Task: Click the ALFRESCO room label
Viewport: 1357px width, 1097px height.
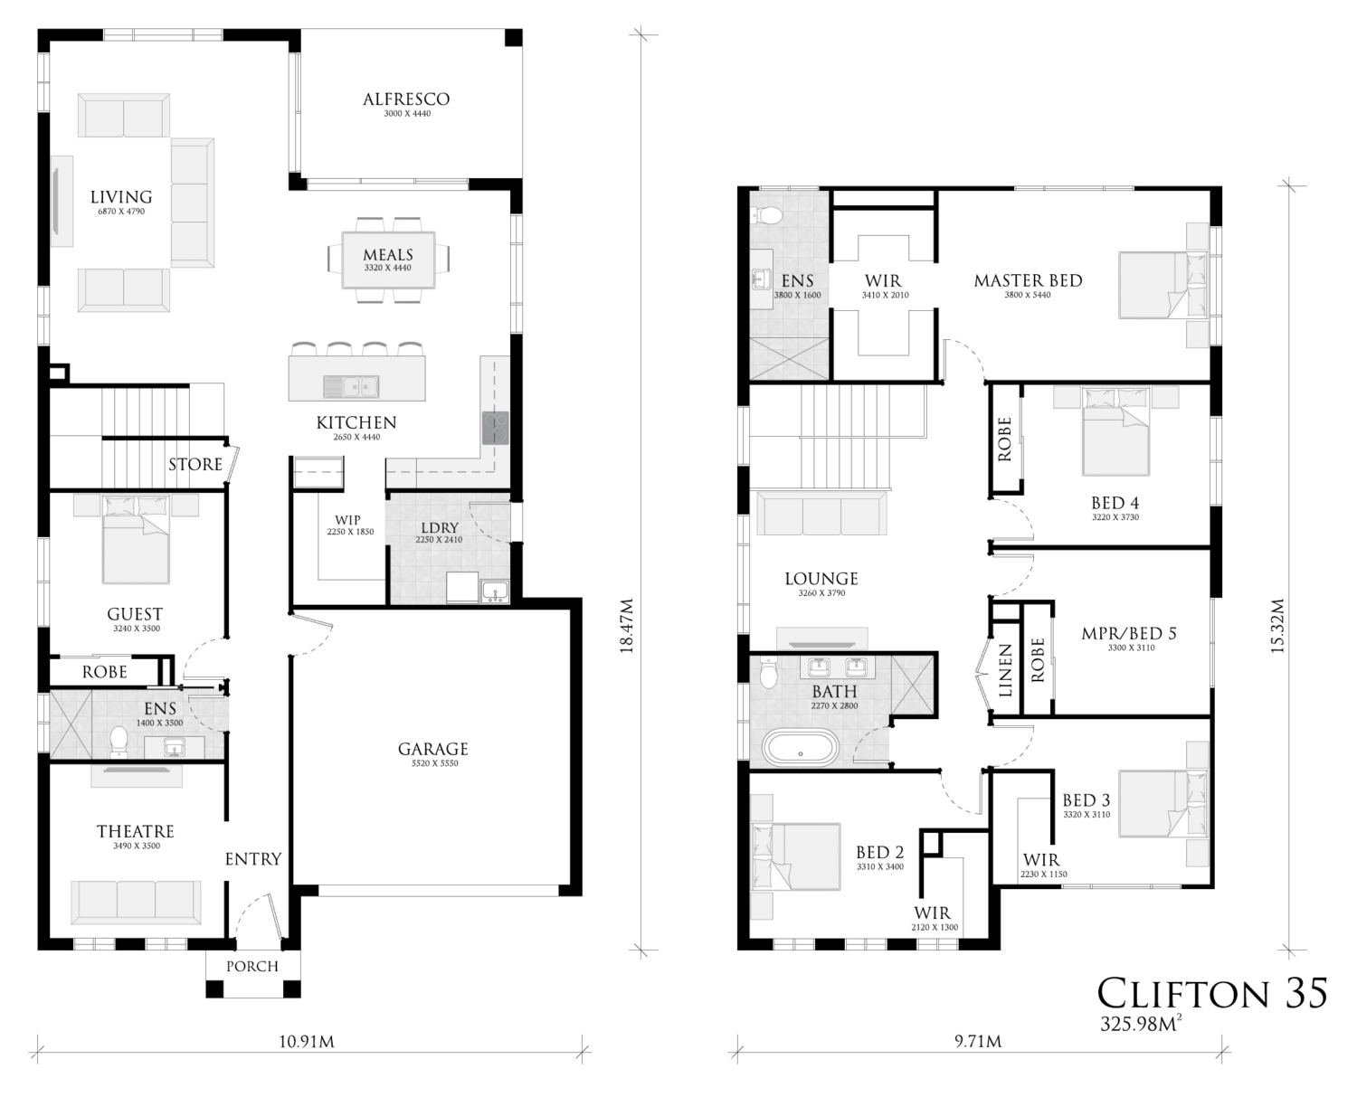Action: point(406,99)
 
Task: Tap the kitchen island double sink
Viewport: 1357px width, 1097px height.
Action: point(350,386)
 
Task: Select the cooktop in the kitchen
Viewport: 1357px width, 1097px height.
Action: point(495,428)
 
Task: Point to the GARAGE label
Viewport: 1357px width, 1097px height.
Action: point(433,749)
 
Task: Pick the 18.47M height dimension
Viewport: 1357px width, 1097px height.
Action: point(627,625)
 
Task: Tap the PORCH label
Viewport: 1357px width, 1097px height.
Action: point(252,967)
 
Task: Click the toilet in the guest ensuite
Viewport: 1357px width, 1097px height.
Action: point(119,742)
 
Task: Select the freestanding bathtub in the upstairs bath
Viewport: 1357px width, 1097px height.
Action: point(801,748)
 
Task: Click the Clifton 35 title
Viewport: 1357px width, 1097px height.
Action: point(1212,993)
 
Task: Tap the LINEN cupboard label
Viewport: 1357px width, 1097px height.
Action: point(1005,670)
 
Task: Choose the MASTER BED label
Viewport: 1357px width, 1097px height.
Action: point(1029,280)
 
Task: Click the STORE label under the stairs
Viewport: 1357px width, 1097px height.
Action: point(195,464)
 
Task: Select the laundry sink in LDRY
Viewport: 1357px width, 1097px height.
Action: point(495,592)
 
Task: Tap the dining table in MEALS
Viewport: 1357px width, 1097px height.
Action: point(389,260)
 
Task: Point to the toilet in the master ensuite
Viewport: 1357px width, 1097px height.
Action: point(769,215)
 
